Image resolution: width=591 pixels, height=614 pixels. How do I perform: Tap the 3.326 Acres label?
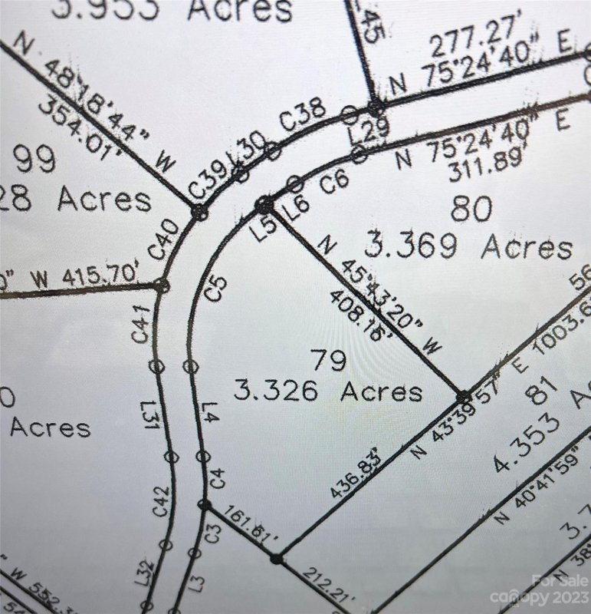[328, 391]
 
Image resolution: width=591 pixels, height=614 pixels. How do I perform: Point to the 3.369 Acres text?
[468, 246]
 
